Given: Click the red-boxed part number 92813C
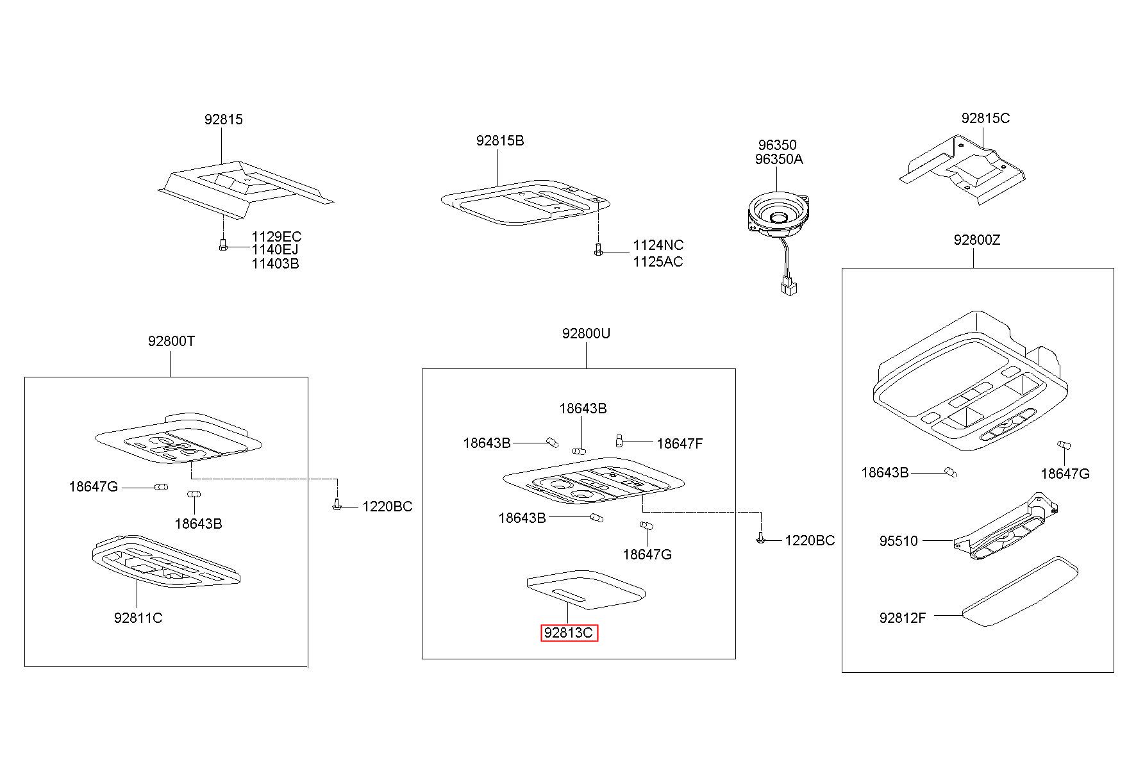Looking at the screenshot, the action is pyautogui.click(x=569, y=633).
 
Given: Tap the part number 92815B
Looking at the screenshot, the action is pyautogui.click(x=500, y=140).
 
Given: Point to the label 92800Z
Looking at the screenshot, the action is pyautogui.click(x=976, y=240).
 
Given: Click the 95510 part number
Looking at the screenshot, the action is pyautogui.click(x=898, y=541).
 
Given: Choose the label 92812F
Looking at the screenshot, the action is pyautogui.click(x=903, y=618).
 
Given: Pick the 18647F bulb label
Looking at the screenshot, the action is pyautogui.click(x=680, y=443).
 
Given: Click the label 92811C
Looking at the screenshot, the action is pyautogui.click(x=138, y=618).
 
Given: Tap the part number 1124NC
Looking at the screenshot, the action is pyautogui.click(x=658, y=245).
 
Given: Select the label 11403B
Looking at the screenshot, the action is pyautogui.click(x=275, y=263).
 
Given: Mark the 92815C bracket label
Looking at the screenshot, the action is pyautogui.click(x=985, y=118).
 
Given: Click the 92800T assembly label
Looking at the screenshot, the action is pyautogui.click(x=171, y=341).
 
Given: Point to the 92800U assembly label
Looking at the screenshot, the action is pyautogui.click(x=586, y=333).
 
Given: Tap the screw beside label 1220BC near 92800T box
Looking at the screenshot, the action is pyautogui.click(x=336, y=506).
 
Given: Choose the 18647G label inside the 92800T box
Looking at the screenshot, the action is pyautogui.click(x=94, y=486).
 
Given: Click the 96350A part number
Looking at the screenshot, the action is pyautogui.click(x=779, y=159).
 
